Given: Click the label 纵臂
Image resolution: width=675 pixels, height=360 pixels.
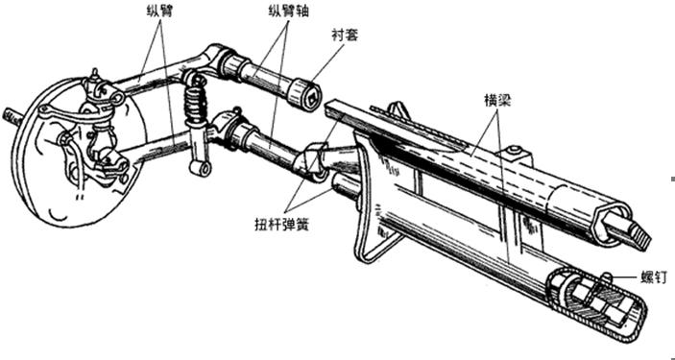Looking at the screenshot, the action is tap(158, 12).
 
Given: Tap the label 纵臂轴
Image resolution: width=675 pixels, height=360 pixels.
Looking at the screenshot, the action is tap(288, 12).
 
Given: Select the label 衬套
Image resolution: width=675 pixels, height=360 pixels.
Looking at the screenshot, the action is tap(346, 35).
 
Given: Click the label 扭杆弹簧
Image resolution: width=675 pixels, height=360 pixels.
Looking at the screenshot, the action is tap(282, 226).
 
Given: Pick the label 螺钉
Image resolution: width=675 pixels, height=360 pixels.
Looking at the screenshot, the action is tap(654, 278).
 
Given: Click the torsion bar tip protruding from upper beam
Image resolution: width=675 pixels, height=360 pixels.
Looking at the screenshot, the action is tap(631, 230).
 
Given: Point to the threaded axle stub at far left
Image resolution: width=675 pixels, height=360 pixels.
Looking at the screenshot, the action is tap(12, 117).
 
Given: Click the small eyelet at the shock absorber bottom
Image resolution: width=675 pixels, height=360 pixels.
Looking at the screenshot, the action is tap(200, 168).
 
